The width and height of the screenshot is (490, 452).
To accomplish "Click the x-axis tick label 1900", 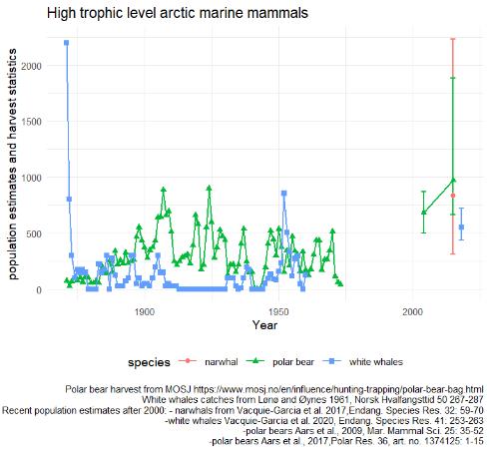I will tap(144, 311).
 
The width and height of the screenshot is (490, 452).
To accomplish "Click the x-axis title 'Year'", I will tap(264, 325).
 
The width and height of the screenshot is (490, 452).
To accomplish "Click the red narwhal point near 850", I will tap(453, 196).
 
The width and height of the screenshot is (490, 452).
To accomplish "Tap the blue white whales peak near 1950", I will tap(283, 194).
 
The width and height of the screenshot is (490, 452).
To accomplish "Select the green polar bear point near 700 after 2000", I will tap(423, 212).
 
